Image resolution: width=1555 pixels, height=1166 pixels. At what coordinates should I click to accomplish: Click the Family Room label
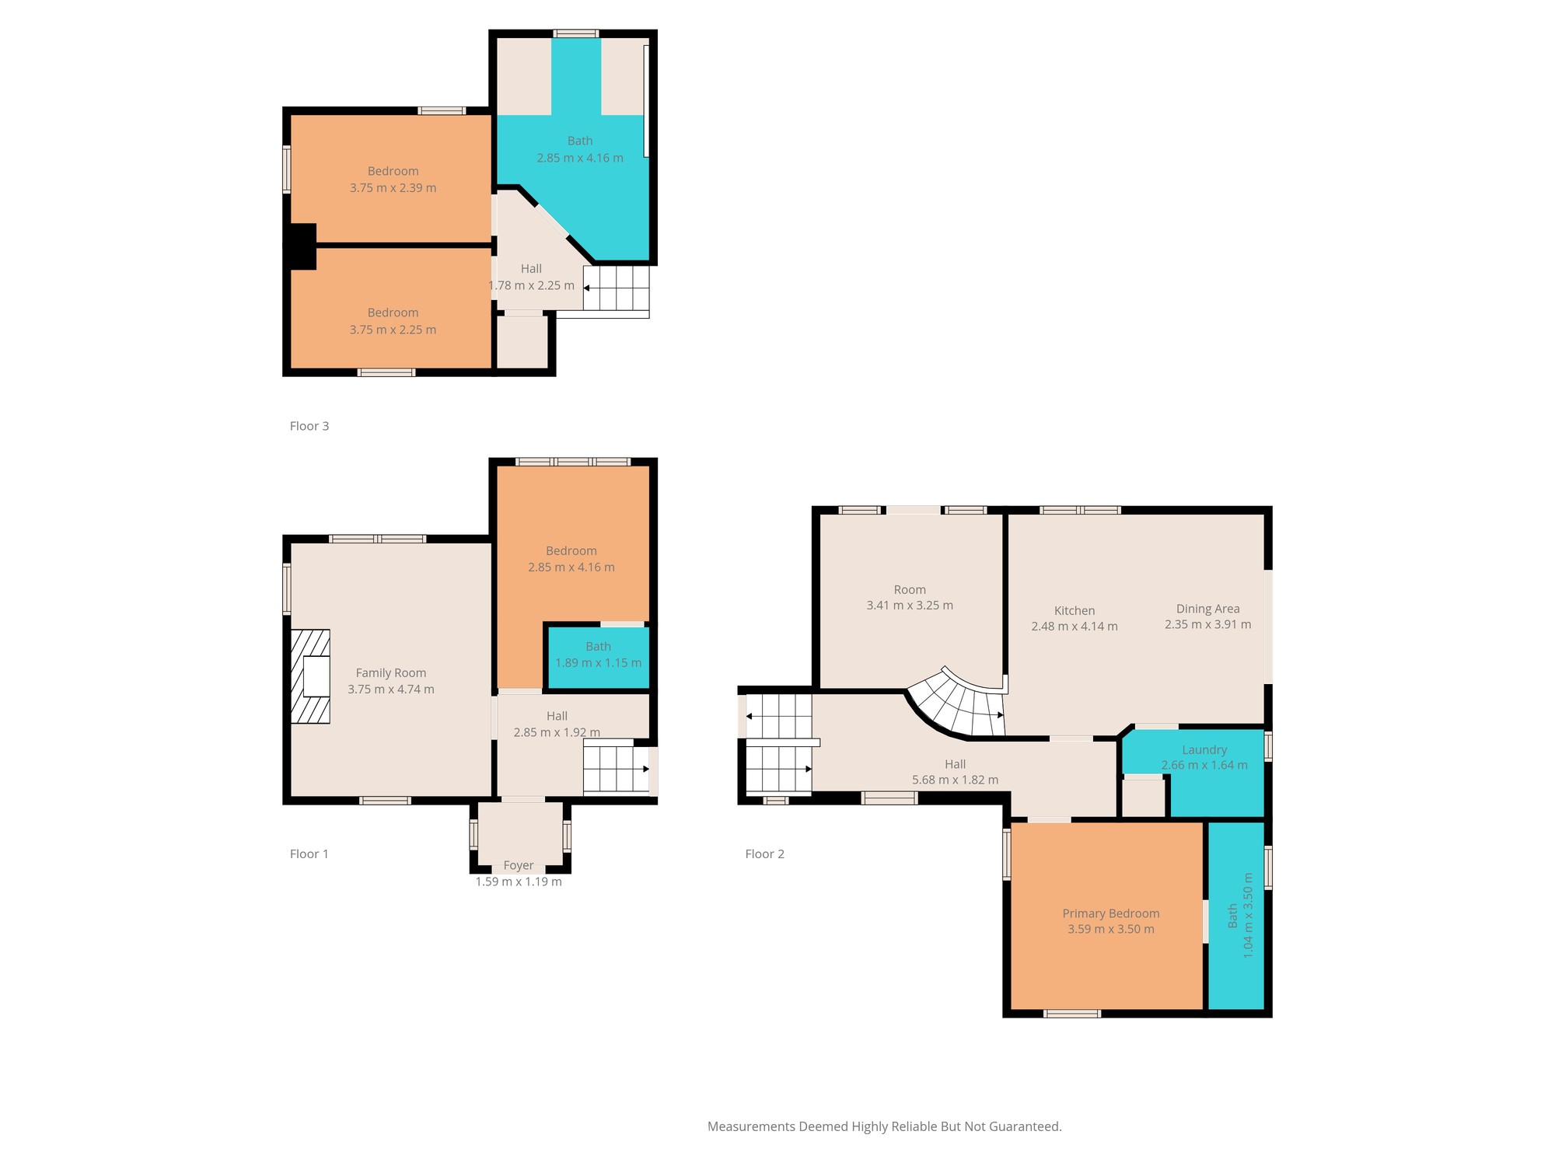391,673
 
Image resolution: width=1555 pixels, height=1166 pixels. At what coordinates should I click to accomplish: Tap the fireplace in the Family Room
310,676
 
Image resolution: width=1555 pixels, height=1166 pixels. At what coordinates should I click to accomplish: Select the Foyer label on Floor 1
519,865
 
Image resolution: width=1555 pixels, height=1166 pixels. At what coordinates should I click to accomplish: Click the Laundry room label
1204,750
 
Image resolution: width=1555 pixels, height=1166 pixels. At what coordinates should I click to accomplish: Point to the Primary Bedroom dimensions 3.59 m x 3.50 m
1111,929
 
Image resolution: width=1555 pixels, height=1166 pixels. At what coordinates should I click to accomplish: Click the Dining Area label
1207,609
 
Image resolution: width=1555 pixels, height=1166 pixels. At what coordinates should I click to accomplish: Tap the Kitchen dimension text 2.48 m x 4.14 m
1075,627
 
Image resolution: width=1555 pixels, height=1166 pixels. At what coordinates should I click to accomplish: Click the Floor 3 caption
309,426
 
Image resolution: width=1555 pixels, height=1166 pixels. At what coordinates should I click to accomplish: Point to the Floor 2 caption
765,854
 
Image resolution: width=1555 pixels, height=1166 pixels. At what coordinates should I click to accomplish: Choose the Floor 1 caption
309,854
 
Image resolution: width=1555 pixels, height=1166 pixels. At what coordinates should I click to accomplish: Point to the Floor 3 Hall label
531,269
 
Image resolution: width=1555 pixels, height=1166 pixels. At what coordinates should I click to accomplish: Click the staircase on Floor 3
617,288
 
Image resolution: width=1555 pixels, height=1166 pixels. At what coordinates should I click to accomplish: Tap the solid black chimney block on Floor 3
300,246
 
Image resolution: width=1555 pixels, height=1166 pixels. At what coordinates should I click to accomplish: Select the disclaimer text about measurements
885,1126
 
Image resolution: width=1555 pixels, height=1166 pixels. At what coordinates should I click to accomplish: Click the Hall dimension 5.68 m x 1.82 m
955,780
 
